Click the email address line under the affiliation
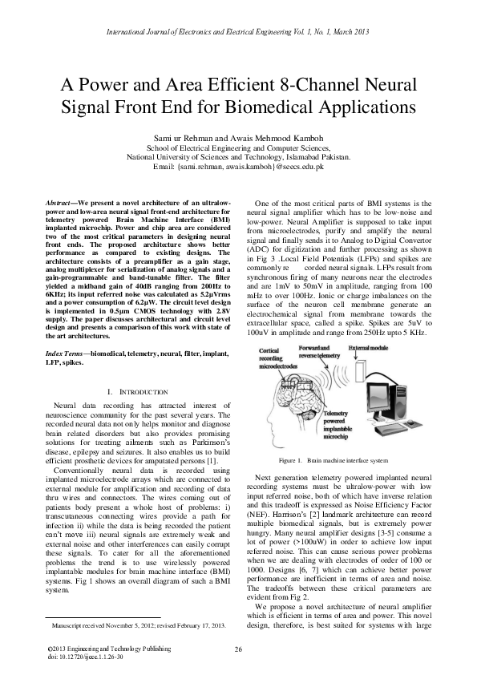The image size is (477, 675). click(x=238, y=166)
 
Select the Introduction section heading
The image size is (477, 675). click(x=133, y=392)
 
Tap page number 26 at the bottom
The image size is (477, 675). click(x=238, y=649)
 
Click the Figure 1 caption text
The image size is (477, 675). click(x=332, y=462)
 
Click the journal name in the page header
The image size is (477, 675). click(x=238, y=31)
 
